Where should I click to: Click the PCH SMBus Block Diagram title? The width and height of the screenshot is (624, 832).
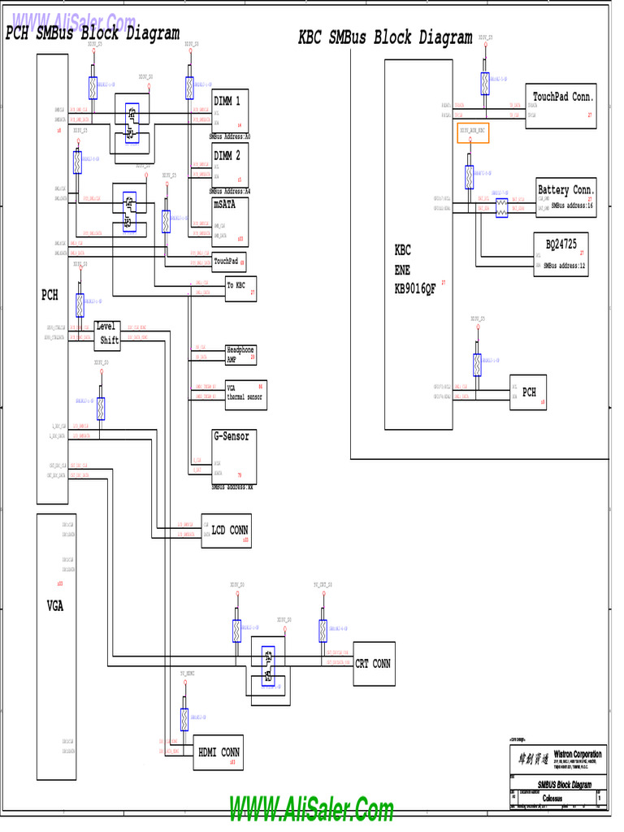point(93,33)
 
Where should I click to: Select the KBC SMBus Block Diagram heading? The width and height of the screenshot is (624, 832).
point(385,37)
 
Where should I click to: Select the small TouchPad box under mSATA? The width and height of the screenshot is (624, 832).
point(228,262)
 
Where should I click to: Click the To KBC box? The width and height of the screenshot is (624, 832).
point(240,288)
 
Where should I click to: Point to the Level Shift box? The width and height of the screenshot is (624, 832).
point(107,334)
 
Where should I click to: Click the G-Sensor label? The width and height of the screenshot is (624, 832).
point(231,436)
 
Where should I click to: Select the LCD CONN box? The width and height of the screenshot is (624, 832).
point(227,531)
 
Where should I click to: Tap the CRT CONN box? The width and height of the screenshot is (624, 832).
point(373,664)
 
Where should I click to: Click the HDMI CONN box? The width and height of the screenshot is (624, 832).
point(219,752)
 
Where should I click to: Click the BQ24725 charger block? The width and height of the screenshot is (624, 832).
point(565,254)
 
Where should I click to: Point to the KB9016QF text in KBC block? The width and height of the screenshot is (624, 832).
point(415,288)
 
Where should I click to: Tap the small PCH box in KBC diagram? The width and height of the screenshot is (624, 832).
point(529,392)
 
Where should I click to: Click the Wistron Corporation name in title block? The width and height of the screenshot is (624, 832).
point(566,755)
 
